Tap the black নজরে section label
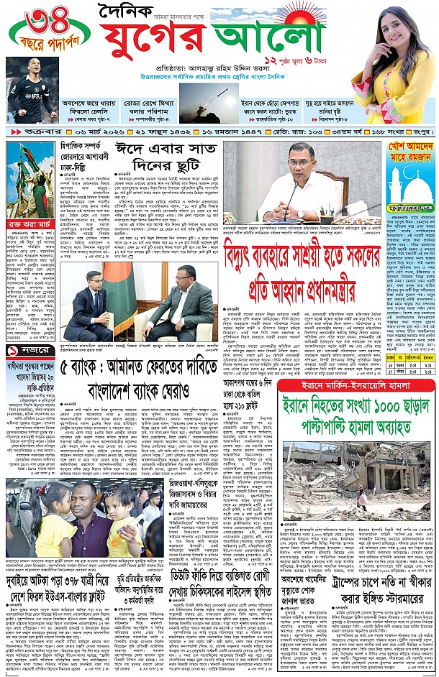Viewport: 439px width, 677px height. click(x=27, y=351)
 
